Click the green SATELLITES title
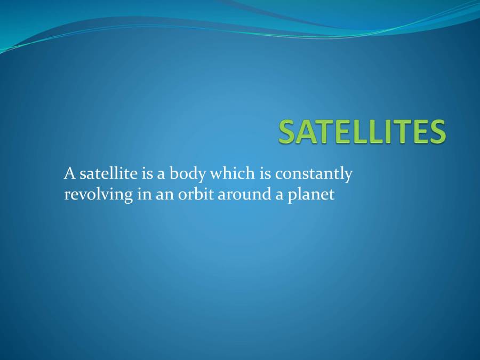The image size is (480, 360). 362,131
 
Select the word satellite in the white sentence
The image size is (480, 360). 109,173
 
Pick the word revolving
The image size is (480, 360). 99,195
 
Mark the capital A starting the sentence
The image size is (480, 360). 70,173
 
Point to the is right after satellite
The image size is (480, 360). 147,173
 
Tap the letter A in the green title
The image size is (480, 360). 307,131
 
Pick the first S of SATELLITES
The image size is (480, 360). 287,131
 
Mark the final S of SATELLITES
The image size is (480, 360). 437,131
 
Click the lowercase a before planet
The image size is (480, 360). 279,196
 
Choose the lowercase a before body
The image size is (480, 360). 161,175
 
